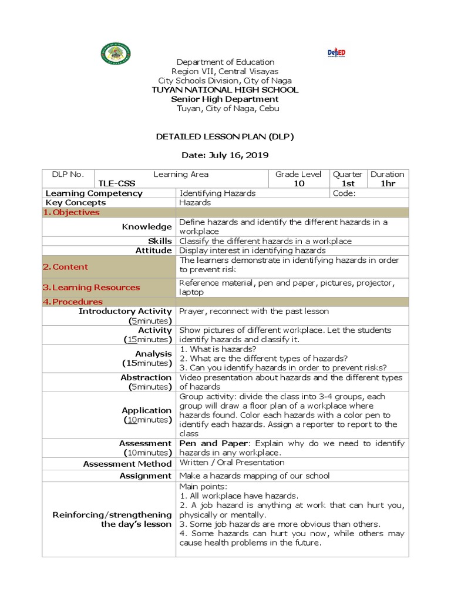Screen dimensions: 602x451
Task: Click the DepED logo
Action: pos(336,53)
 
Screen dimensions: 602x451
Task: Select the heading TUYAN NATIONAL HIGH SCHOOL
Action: pos(225,90)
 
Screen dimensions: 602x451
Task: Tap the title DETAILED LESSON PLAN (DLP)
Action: pos(225,137)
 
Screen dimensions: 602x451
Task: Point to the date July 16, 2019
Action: pos(225,155)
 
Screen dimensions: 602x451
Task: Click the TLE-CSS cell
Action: pos(117,183)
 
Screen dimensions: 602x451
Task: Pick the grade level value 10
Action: pos(299,183)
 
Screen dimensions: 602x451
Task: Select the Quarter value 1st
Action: pos(348,183)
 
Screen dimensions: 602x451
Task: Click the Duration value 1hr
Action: pos(388,183)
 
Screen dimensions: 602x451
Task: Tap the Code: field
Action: pos(344,193)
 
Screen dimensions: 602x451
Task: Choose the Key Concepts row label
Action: pos(76,202)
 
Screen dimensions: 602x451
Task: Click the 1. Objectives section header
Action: pos(71,212)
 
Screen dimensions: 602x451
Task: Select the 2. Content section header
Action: pos(65,267)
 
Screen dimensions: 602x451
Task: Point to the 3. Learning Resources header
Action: pos(91,287)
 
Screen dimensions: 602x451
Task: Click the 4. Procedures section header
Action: pos(73,302)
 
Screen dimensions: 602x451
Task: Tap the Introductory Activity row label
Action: pos(125,311)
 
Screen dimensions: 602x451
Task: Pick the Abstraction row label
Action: pos(146,377)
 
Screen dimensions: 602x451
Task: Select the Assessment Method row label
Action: pos(127,464)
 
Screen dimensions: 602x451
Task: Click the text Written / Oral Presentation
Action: pos(231,463)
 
